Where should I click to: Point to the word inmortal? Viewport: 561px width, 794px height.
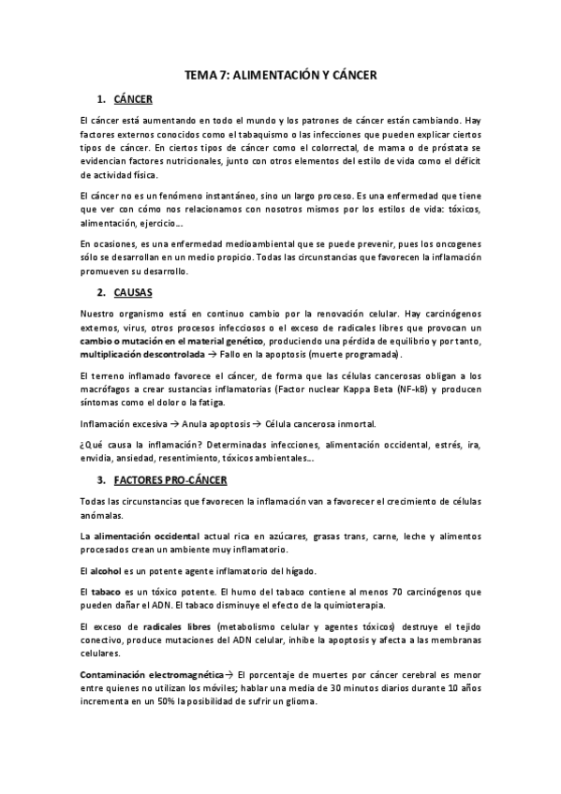[349, 423]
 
